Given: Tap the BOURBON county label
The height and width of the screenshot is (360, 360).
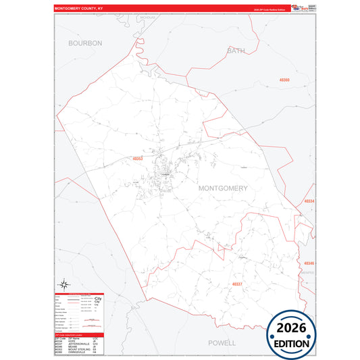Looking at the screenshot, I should coord(85,43).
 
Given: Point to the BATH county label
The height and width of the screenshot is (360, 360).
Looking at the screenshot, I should coord(236,50).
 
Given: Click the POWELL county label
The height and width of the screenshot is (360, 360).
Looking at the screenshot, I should coord(222,342).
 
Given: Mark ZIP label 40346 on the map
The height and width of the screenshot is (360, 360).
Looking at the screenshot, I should coord(309,263).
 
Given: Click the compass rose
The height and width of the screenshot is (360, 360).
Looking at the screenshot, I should coord(63,285).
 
